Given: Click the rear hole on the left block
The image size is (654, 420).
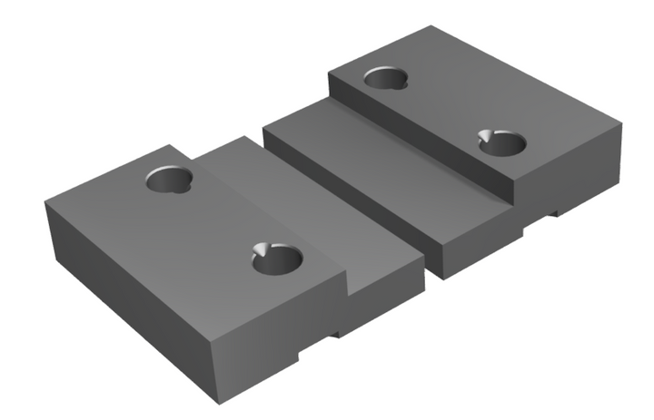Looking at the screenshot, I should pos(170,179).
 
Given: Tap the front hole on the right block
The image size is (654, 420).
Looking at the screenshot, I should pos(502,142).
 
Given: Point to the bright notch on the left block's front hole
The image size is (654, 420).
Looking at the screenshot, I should pos(262,250).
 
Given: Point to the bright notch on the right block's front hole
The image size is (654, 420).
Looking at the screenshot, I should pos(488,135).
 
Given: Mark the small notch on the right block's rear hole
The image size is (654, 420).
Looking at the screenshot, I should pos(403,86).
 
